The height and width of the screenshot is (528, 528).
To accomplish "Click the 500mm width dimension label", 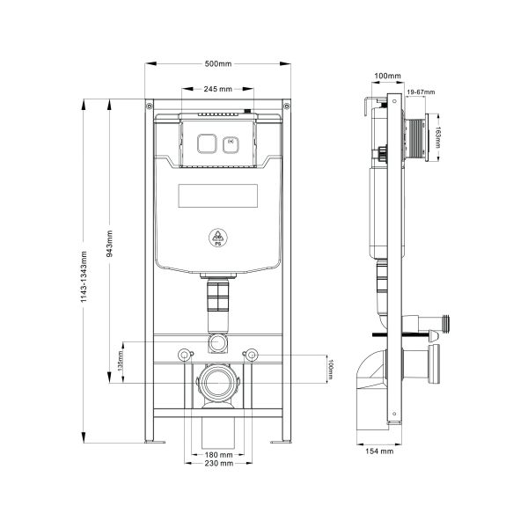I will point(218,63).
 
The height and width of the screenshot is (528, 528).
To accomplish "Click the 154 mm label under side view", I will point(381,451).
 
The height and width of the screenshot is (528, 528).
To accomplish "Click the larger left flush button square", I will point(209,142).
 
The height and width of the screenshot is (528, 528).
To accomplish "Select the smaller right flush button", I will point(231,141).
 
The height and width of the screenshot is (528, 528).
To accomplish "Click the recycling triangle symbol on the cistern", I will point(217,237).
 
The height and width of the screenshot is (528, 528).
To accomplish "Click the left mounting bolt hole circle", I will point(183,355).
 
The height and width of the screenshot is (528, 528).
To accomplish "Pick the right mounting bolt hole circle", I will point(253,355).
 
